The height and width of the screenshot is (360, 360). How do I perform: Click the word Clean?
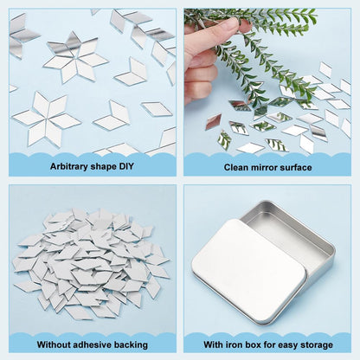pos(233,167)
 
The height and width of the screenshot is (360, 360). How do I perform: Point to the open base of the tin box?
pos(303,234)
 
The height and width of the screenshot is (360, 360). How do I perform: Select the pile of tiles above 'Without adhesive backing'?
pos(87,260)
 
